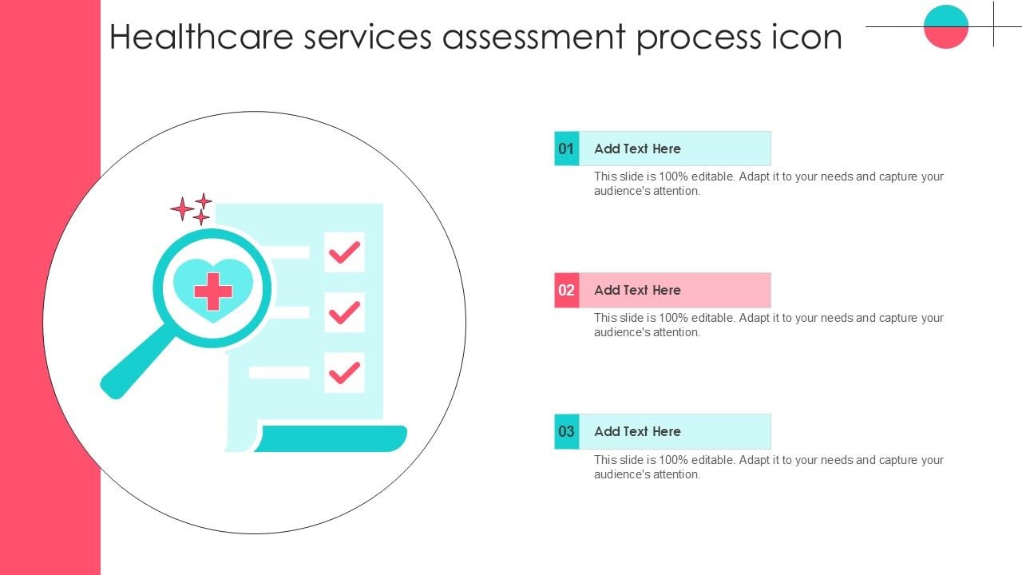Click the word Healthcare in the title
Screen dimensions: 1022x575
coord(201,37)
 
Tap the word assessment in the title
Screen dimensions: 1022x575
coord(534,37)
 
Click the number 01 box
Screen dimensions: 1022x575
coord(567,149)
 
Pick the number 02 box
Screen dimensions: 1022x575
coord(567,290)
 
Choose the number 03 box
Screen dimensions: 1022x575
coord(567,432)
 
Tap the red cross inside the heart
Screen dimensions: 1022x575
coord(213,291)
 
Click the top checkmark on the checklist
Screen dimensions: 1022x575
coord(344,252)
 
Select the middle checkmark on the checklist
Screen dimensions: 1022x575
coord(344,312)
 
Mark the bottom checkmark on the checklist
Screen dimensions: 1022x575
coord(344,373)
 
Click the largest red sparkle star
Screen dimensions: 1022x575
coord(182,209)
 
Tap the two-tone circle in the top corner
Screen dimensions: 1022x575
coord(946,26)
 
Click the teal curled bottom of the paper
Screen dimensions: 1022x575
coord(331,438)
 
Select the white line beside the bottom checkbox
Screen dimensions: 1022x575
coord(279,372)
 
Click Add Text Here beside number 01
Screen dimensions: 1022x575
coord(637,149)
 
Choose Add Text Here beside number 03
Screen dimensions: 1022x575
coord(637,432)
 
